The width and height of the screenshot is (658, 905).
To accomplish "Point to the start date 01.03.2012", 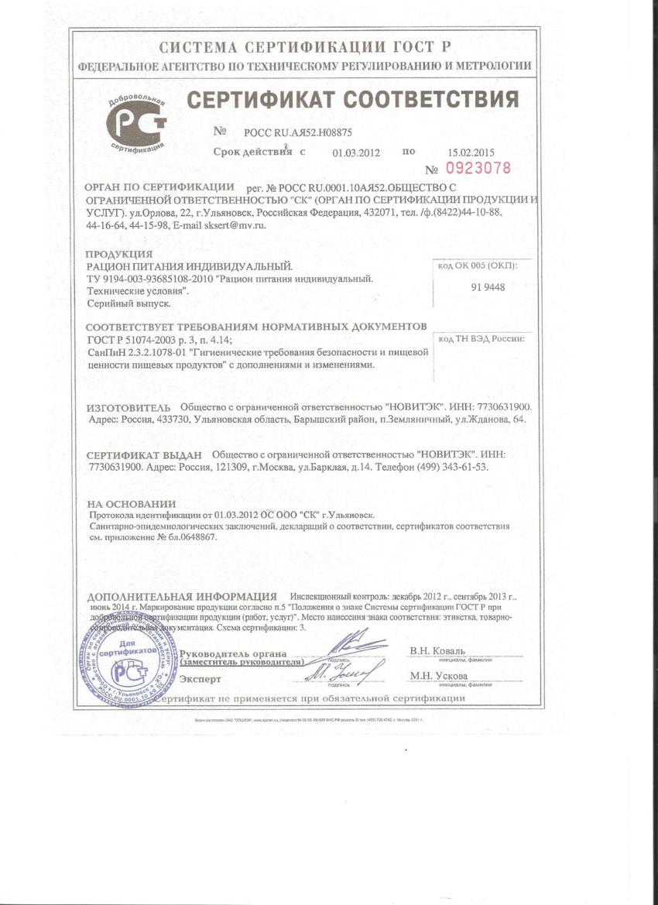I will pos(356,153).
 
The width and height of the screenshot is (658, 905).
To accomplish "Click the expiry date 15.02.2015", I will pos(471,153).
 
